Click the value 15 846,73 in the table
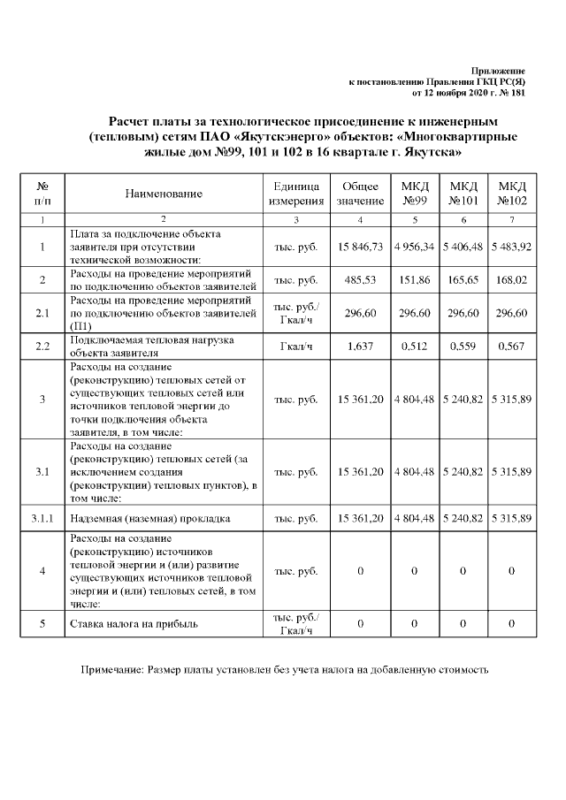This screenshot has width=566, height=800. coord(360,247)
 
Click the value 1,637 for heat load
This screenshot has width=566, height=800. coord(360,346)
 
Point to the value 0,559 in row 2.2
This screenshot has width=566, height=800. coord(464,346)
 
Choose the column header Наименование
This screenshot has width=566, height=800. coord(164,194)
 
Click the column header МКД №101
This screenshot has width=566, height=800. coord(464,194)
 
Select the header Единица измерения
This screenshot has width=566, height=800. coord(296,194)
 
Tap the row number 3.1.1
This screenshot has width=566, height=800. coord(42,519)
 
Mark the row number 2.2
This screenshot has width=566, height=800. coord(42,346)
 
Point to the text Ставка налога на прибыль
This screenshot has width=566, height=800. coord(134,624)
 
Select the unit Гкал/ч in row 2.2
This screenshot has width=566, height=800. coord(296,346)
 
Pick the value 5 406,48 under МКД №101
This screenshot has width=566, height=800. coord(464,247)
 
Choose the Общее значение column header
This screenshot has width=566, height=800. coord(360,194)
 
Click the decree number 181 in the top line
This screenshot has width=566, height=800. coord(517,92)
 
